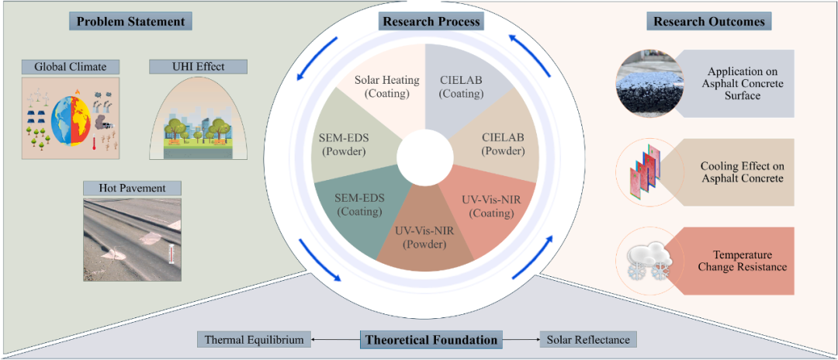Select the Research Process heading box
pyautogui.click(x=431, y=21)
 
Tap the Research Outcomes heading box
pyautogui.click(x=709, y=21)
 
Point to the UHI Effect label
pyautogui.click(x=198, y=67)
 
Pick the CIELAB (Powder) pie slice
pyautogui.click(x=500, y=144)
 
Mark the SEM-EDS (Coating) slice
pyautogui.click(x=358, y=206)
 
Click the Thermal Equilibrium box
pyautogui.click(x=255, y=339)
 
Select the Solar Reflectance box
pyautogui.click(x=589, y=339)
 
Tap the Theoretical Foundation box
pyautogui.click(x=431, y=339)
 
